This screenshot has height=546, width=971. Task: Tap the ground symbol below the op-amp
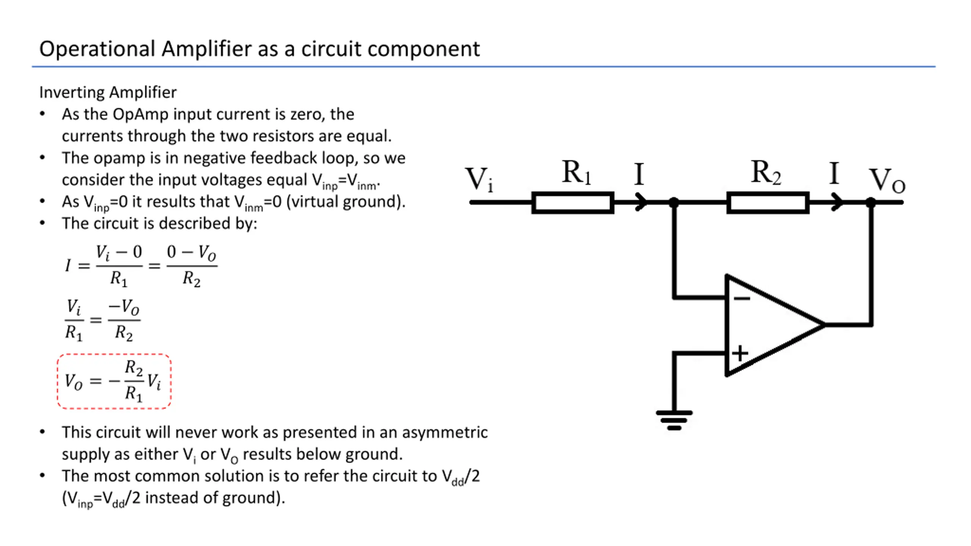[x=674, y=420]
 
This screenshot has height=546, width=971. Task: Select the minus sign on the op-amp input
[x=742, y=299]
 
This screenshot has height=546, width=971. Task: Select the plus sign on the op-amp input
[x=740, y=353]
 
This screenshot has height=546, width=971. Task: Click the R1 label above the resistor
[x=576, y=173]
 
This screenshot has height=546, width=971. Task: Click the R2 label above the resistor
[x=766, y=173]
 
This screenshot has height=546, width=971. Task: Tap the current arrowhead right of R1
[x=641, y=202]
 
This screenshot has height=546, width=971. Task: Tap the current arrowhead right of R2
[x=837, y=202]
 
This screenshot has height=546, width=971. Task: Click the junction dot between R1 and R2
[x=674, y=202]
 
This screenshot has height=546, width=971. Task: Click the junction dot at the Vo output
[x=871, y=202]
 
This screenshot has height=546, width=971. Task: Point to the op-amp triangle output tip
[x=825, y=325]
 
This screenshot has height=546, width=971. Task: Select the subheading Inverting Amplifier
[x=108, y=92]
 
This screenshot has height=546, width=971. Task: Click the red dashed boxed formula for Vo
[x=114, y=381]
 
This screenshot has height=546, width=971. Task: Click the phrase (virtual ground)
[x=346, y=202]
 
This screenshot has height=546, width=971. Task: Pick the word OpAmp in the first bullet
[x=140, y=115]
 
